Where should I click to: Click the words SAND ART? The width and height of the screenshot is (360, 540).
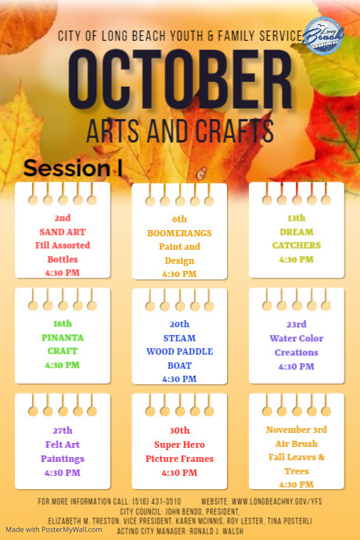click(x=63, y=232)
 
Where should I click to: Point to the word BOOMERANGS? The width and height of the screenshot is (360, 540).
click(x=179, y=233)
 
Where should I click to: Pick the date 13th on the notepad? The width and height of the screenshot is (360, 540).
click(x=296, y=218)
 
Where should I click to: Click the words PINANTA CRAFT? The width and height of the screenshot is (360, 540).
click(x=62, y=344)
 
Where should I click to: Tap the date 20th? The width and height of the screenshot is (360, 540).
click(x=179, y=323)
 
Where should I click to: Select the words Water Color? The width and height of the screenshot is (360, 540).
click(x=296, y=338)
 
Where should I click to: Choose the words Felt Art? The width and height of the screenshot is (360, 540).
click(x=63, y=445)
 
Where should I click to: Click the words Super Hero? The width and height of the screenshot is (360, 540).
click(x=179, y=445)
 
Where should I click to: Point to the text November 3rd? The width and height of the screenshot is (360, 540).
click(x=296, y=430)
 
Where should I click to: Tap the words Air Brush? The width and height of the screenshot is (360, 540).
click(x=296, y=443)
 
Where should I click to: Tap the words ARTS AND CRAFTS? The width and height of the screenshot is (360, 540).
click(x=179, y=129)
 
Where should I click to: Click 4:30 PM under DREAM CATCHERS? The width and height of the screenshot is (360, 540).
click(x=296, y=259)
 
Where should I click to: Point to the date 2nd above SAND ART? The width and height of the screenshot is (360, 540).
click(x=63, y=218)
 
